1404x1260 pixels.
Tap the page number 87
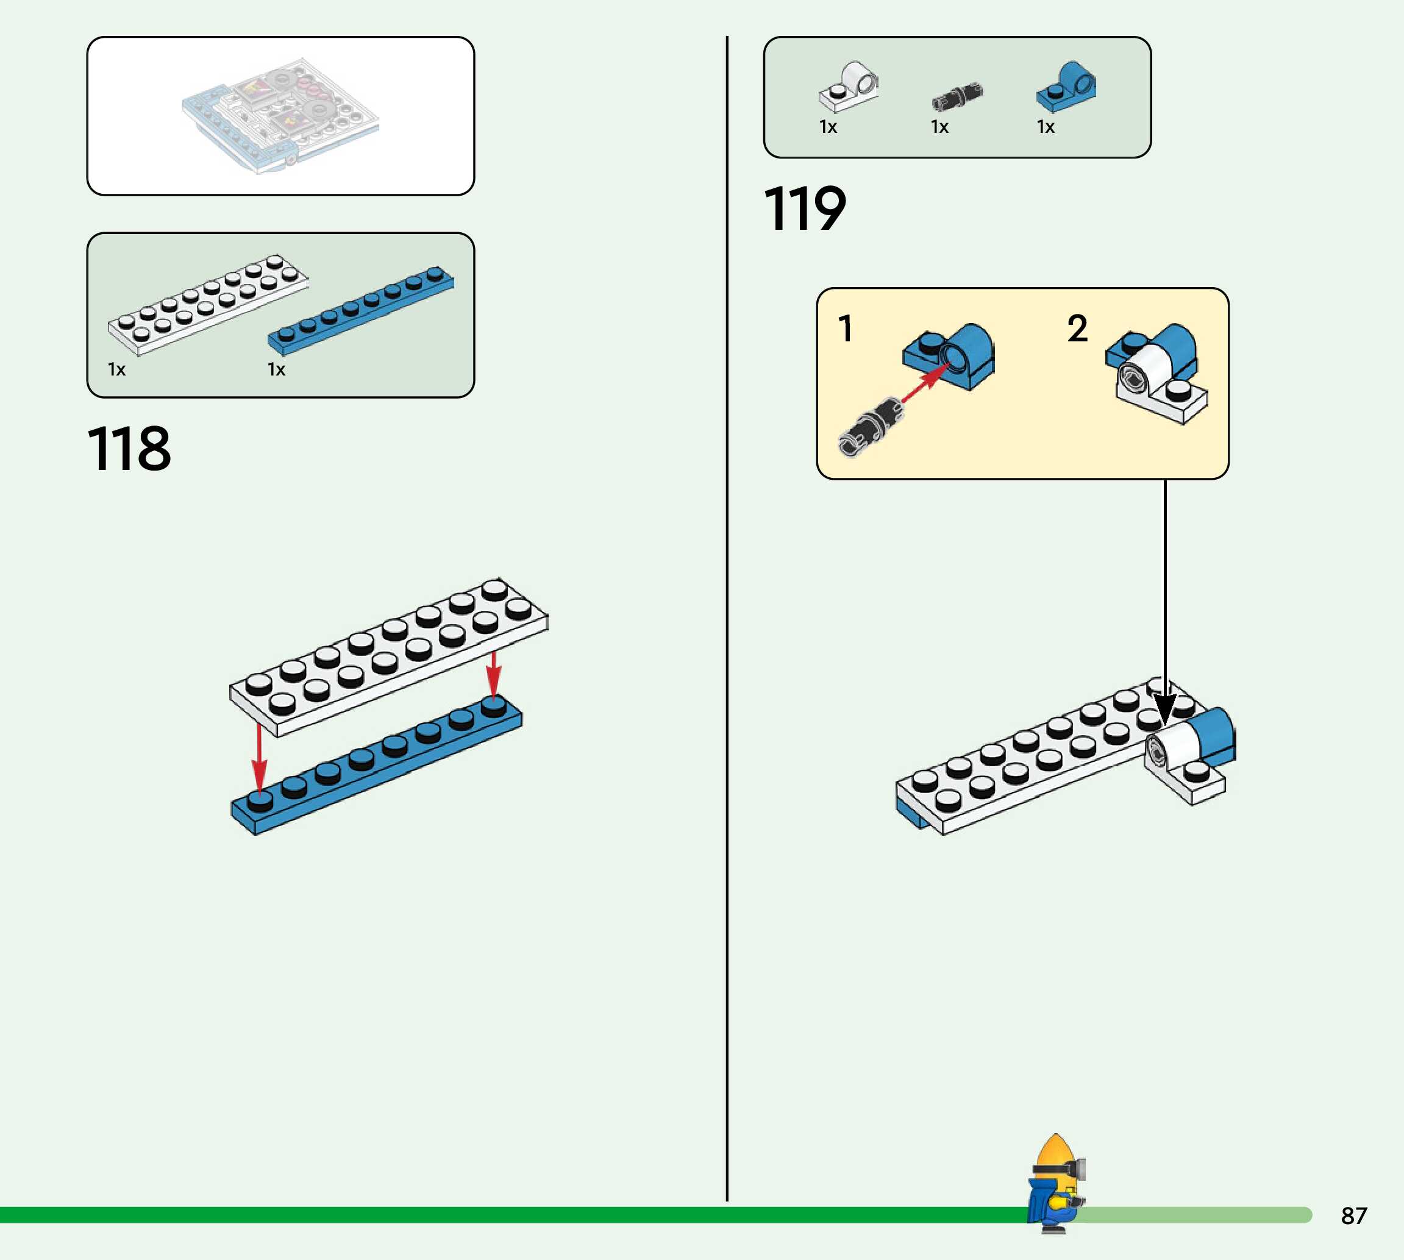click(x=1353, y=1216)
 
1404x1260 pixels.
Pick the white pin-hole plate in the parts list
click(x=849, y=88)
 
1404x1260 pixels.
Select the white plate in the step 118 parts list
click(x=208, y=305)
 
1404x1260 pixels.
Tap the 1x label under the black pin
click(x=939, y=127)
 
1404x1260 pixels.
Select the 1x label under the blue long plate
click(x=276, y=369)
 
